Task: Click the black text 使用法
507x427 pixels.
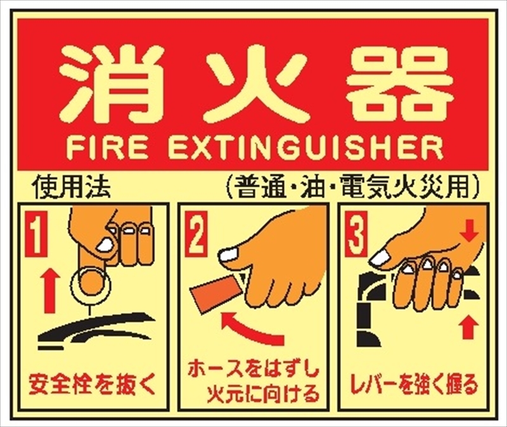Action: point(71,188)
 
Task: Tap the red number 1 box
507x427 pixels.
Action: point(35,232)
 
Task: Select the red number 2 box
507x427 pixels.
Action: point(195,232)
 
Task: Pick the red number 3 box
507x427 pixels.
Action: point(356,232)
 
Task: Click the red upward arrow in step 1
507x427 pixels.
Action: point(50,291)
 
